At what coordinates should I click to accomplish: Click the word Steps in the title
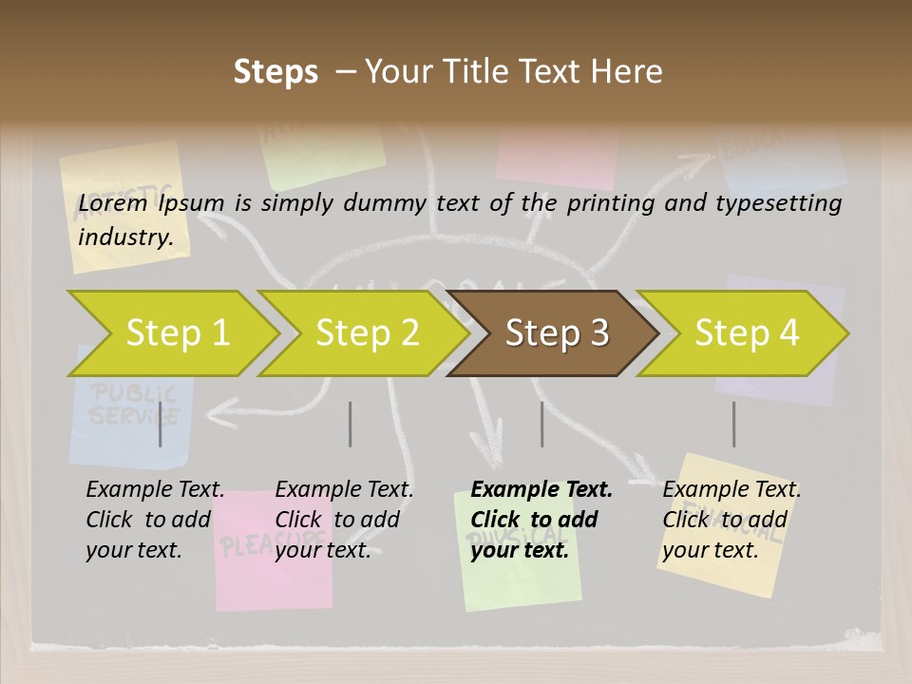click(x=275, y=72)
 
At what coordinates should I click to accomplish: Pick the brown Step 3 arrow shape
click(x=557, y=332)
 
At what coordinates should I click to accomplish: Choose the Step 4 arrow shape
click(x=747, y=332)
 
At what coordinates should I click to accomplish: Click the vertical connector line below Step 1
click(x=161, y=424)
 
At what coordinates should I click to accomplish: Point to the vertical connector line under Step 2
click(x=351, y=424)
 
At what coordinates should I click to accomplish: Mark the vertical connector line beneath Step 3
click(x=541, y=424)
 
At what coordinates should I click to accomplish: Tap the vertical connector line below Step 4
click(x=733, y=424)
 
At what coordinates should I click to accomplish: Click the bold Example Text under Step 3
click(x=541, y=520)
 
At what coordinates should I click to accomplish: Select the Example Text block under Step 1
click(x=155, y=520)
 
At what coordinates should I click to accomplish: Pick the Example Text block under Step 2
click(x=344, y=520)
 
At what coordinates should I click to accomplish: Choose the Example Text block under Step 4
click(x=731, y=520)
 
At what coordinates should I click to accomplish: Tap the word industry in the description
click(x=125, y=237)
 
